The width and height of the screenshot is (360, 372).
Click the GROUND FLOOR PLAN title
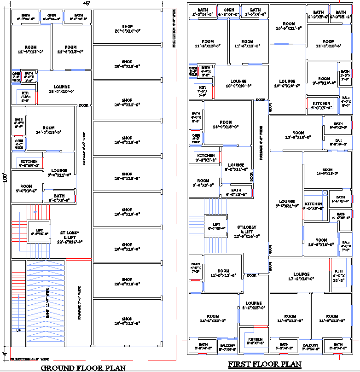tap(83, 367)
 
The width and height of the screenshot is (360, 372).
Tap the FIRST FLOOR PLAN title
tap(265, 365)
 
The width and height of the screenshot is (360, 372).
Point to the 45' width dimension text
tap(86, 3)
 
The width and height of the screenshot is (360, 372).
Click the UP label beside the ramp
tap(18, 331)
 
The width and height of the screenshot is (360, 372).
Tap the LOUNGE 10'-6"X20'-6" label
tap(287, 83)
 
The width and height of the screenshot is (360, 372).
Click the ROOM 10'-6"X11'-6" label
tap(289, 26)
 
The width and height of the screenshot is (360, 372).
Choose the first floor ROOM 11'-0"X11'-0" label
tap(223, 273)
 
